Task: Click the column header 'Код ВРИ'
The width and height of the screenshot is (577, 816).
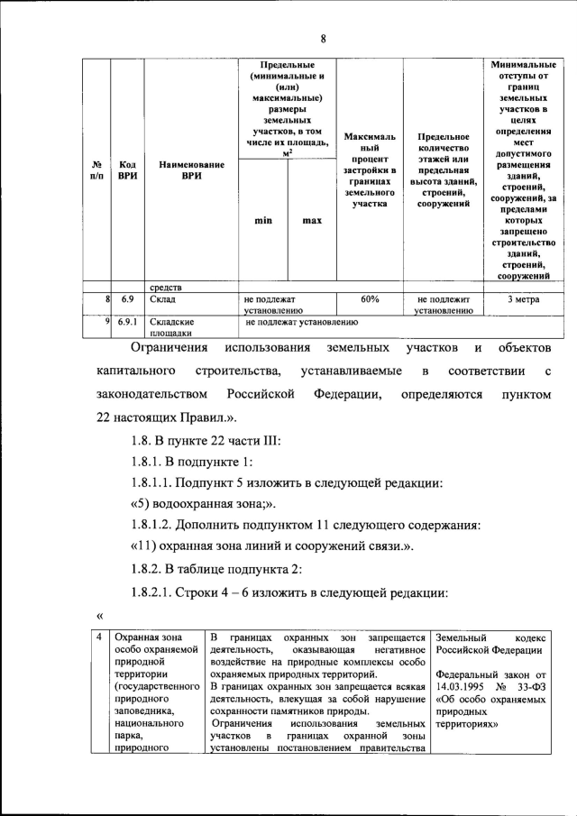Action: point(127,170)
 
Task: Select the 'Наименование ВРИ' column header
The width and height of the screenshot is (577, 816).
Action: point(190,170)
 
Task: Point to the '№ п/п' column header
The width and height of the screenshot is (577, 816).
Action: point(96,170)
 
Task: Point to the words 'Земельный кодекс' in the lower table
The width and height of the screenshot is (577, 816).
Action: point(488,638)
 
